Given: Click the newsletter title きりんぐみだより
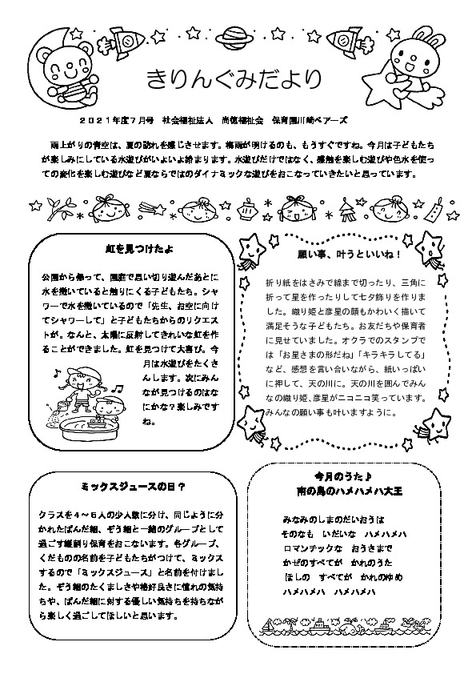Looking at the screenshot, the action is [x=234, y=79].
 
